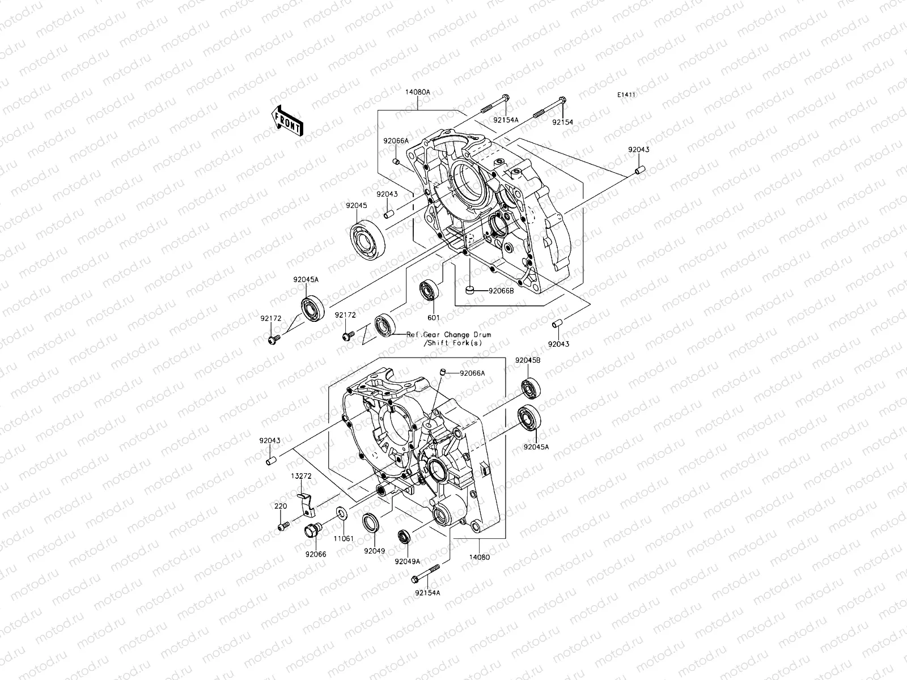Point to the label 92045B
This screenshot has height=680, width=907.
pyautogui.click(x=527, y=360)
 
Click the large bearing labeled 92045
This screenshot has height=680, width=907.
pyautogui.click(x=367, y=237)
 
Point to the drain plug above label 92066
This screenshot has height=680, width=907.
pyautogui.click(x=312, y=532)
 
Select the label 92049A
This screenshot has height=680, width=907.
pyautogui.click(x=408, y=562)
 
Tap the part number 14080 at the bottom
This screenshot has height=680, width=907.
pyautogui.click(x=479, y=556)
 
